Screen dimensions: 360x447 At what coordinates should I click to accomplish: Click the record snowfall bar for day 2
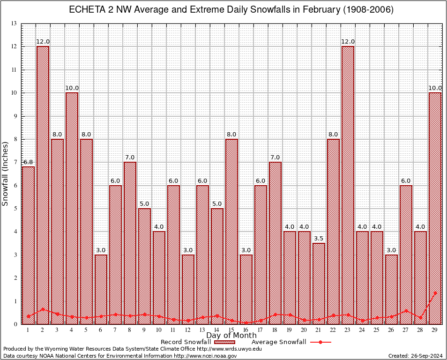[43, 185]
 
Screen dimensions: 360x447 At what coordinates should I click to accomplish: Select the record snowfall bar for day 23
[348, 185]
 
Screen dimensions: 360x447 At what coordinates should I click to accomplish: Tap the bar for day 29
[435, 208]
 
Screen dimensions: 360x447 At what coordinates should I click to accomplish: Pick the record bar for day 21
[319, 283]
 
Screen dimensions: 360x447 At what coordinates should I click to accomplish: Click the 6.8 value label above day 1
[28, 162]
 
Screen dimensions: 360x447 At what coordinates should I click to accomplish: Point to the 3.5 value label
[319, 239]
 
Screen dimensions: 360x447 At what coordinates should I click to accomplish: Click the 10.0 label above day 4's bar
[72, 88]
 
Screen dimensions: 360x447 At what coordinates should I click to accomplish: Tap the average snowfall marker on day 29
[435, 292]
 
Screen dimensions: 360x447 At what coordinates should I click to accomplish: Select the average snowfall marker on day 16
[246, 322]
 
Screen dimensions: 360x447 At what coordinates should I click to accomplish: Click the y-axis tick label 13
[14, 23]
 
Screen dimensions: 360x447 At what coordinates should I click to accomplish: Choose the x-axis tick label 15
[231, 330]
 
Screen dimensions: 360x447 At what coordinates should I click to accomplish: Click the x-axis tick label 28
[420, 330]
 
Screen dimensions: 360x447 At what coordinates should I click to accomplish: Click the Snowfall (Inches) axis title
[6, 173]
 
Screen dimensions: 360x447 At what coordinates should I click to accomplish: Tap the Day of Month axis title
[231, 336]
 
